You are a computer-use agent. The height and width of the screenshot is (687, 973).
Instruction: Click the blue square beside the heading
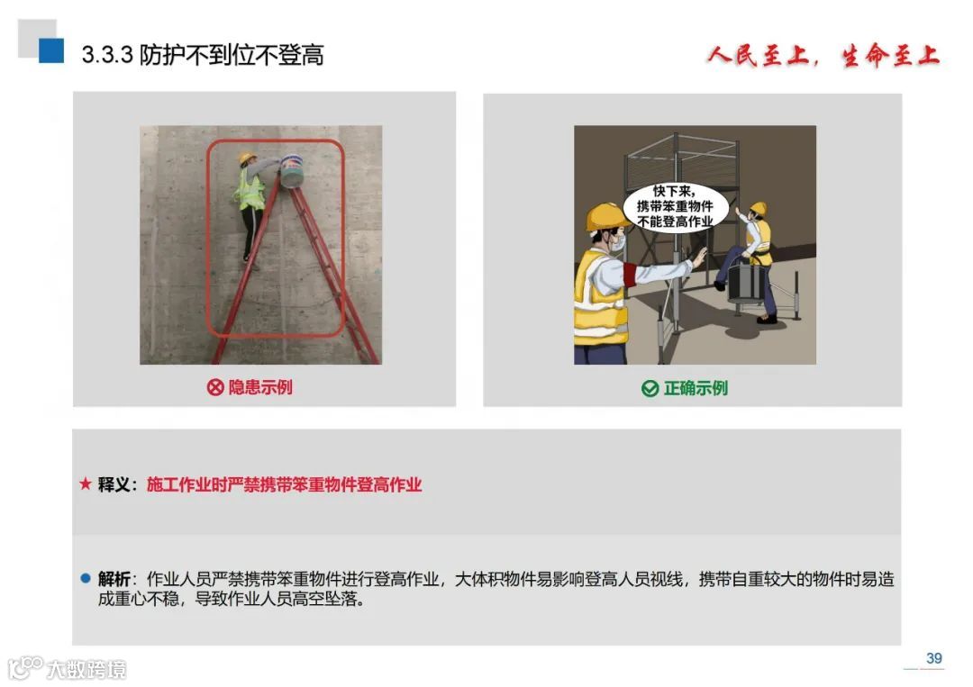[x=51, y=50]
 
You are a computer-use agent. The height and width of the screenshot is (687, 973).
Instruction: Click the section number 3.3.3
[x=107, y=55]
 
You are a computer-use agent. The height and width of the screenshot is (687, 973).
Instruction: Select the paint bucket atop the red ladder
[x=292, y=171]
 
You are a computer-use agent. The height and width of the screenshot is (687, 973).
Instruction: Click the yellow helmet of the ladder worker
[x=248, y=158]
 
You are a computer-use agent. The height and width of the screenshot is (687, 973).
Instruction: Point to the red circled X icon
[x=214, y=387]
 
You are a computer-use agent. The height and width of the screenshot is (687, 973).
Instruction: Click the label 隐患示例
[x=260, y=387]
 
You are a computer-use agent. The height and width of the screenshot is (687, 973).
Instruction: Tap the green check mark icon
[x=650, y=389]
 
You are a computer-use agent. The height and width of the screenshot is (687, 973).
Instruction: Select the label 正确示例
[x=696, y=389]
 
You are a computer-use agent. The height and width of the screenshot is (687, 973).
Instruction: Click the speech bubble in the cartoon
[x=675, y=206]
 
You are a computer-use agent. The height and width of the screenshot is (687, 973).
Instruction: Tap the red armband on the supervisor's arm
[x=630, y=274]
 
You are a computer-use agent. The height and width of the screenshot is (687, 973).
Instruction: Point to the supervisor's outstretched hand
[x=700, y=256]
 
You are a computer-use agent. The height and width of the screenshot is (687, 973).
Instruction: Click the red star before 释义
[x=86, y=484]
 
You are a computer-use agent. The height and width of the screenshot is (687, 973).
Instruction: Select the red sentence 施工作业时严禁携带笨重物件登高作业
[x=284, y=484]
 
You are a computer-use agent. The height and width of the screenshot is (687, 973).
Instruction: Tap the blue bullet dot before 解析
[x=86, y=578]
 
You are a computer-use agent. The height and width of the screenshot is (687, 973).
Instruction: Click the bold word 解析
[x=114, y=579]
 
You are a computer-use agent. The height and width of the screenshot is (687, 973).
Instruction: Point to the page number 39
[x=934, y=658]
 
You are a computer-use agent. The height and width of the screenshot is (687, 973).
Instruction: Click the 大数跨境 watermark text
[x=86, y=670]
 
